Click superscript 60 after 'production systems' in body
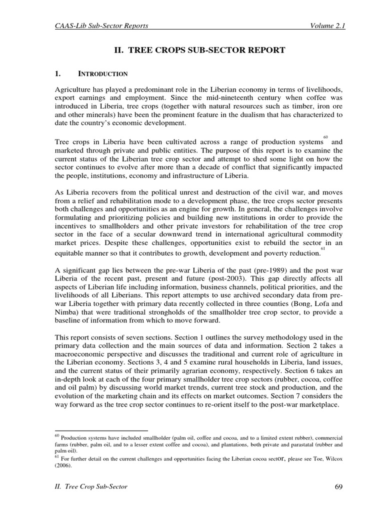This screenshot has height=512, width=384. tap(325, 136)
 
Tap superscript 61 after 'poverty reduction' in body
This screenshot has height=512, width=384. tap(323, 248)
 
